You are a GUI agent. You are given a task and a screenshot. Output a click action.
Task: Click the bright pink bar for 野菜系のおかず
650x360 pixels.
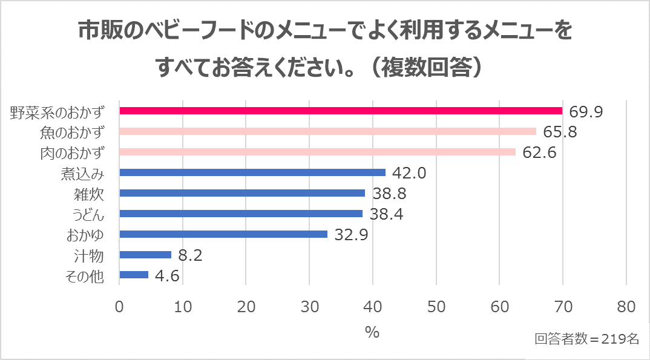[x=341, y=111]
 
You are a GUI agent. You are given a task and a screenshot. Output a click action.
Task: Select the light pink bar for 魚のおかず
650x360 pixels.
[x=327, y=131]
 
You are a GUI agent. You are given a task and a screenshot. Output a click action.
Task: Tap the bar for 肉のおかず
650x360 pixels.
[x=317, y=152]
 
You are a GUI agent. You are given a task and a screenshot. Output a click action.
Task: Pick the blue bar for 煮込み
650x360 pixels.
[x=252, y=172]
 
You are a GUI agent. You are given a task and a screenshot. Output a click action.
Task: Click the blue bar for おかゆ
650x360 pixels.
[x=223, y=234]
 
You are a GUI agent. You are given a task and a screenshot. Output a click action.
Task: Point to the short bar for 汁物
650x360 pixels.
[x=145, y=255]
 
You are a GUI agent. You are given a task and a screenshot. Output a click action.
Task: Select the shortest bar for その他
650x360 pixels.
[x=134, y=275]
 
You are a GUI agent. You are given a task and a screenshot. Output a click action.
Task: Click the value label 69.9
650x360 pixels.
[x=586, y=111]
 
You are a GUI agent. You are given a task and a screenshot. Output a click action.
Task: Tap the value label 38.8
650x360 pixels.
[x=389, y=194]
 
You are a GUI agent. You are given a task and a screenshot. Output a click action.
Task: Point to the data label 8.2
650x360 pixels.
[x=189, y=255]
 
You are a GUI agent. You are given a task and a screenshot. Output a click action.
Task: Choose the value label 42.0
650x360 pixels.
[x=409, y=173]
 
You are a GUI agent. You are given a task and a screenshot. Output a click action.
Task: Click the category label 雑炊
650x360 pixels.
[x=90, y=194]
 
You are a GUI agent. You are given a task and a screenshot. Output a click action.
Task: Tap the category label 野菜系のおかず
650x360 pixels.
[x=58, y=112]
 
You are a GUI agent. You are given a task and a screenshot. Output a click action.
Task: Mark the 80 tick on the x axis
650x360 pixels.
[x=626, y=307]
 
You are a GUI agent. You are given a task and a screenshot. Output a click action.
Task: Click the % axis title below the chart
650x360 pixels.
[x=372, y=333]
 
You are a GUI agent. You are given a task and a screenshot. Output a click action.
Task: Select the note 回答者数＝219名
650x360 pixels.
[x=586, y=339]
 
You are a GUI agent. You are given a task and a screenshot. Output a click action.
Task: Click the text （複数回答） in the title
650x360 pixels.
[x=427, y=68]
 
